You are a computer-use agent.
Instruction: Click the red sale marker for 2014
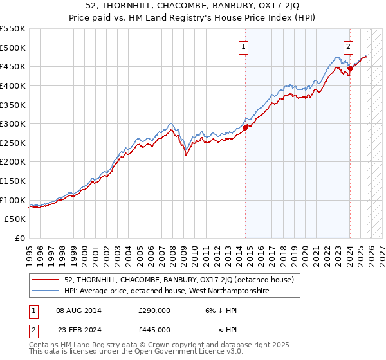[x=245, y=127]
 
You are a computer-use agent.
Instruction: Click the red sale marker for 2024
[x=350, y=68]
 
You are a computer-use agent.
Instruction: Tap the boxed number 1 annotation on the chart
[x=244, y=46]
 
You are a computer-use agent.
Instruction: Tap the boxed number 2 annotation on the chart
[x=348, y=46]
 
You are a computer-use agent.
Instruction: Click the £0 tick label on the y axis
[x=21, y=239]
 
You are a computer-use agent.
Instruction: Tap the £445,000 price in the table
[x=154, y=329]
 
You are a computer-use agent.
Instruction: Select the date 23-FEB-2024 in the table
[x=78, y=329]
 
